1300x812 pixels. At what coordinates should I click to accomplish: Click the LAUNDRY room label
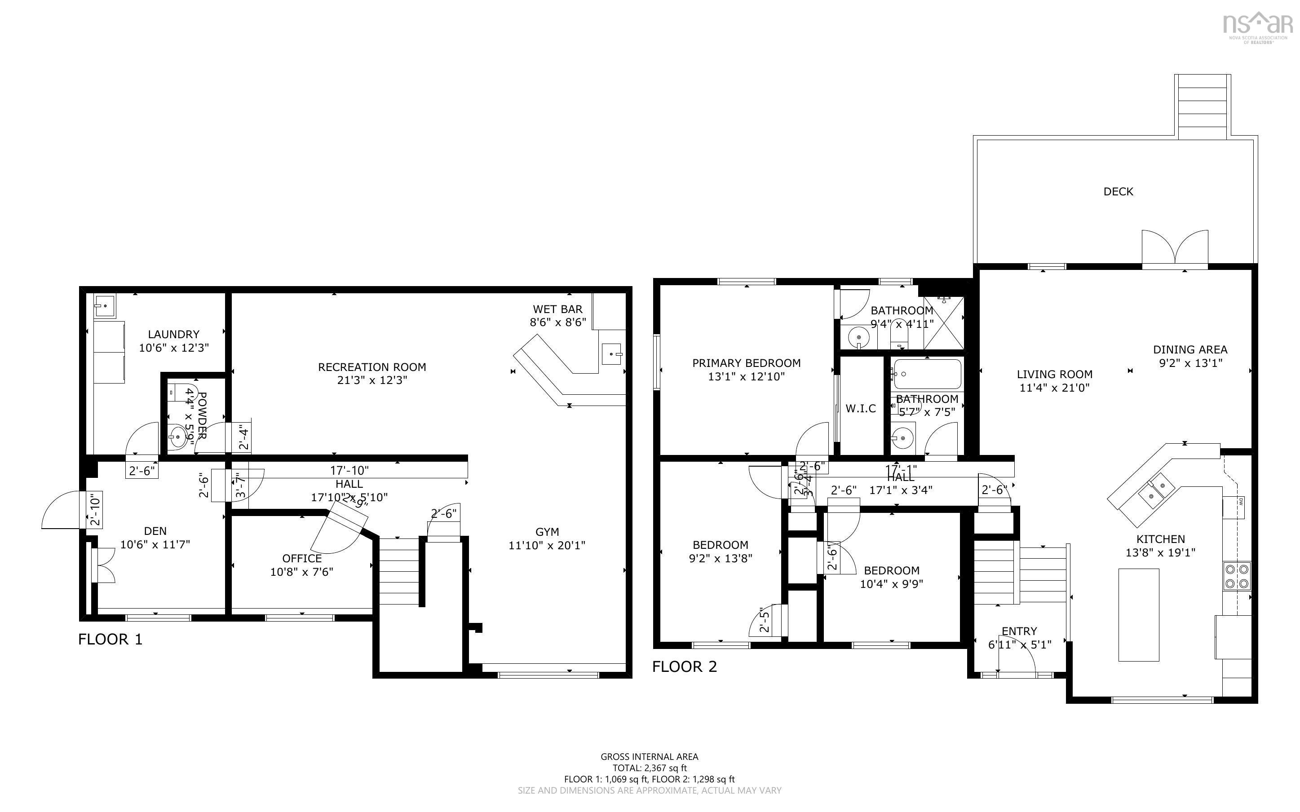click(x=173, y=334)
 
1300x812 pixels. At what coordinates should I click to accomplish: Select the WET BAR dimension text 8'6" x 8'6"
click(x=557, y=322)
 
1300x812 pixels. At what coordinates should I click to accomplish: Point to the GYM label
click(x=547, y=532)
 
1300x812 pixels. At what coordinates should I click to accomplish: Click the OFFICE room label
click(x=302, y=559)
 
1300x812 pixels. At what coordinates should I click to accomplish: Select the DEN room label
click(x=155, y=531)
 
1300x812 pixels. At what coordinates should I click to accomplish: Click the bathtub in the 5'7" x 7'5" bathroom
click(x=927, y=374)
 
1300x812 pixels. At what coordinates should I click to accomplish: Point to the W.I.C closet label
click(x=861, y=409)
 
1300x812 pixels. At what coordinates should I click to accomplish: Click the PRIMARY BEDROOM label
click(x=747, y=363)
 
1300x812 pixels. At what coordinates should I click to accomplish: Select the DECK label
click(x=1118, y=192)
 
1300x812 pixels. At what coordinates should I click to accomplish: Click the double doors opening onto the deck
click(x=1175, y=250)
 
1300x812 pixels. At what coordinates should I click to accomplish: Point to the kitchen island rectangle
click(x=1138, y=614)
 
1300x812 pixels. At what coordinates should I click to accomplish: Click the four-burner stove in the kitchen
click(x=1237, y=576)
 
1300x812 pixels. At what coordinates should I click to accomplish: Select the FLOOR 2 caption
click(x=684, y=666)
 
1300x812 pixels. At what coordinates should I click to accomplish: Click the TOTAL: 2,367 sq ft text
click(x=649, y=768)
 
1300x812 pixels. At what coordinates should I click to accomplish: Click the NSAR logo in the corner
click(x=1257, y=27)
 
